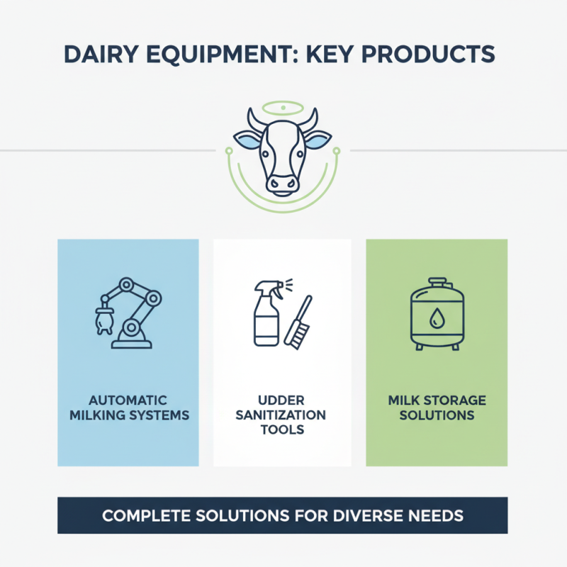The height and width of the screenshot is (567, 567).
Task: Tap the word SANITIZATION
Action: coord(282,415)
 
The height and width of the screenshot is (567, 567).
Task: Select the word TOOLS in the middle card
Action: coord(282,429)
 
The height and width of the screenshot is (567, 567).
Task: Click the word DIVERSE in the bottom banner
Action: coord(369,515)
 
